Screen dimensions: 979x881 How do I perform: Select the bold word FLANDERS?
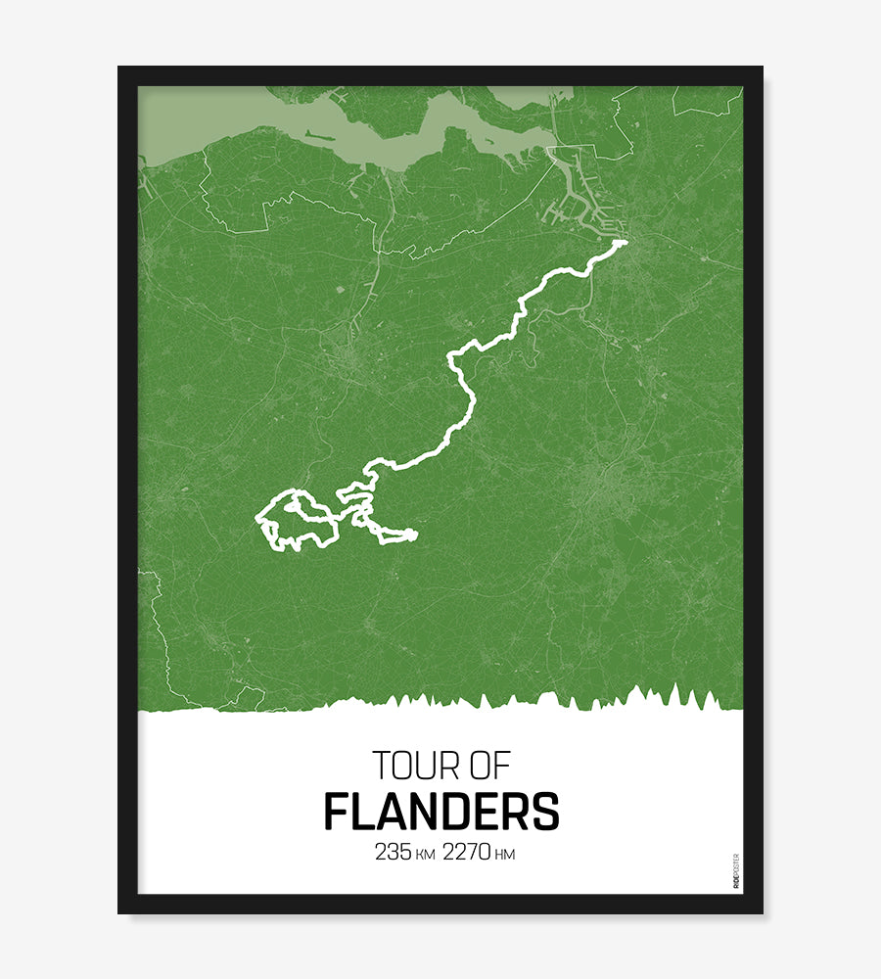pos(440,812)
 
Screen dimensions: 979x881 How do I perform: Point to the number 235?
pos(394,853)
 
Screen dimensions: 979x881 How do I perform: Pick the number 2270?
pos(467,853)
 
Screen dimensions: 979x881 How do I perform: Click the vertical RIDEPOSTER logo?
pos(736,870)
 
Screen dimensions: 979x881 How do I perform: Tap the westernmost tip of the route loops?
pos(257,518)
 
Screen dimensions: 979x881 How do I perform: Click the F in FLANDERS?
pos(335,812)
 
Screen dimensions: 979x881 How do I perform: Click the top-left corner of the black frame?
pos(120,69)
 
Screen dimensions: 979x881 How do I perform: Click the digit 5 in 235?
pos(406,853)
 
